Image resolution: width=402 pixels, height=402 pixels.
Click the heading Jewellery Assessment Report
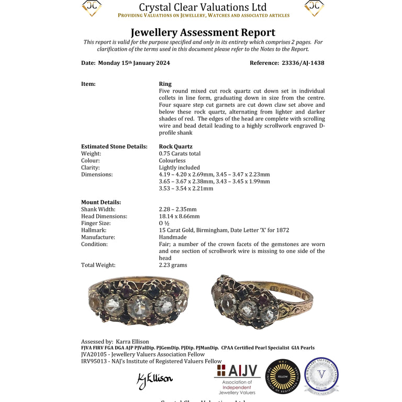pyautogui.click(x=203, y=32)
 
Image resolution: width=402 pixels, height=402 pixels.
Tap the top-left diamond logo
pyautogui.click(x=91, y=7)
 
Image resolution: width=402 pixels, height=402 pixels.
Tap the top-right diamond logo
pyautogui.click(x=314, y=7)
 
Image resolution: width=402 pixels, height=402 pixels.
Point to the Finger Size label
pyautogui.click(x=95, y=223)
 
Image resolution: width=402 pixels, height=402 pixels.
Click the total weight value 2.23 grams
pyautogui.click(x=173, y=265)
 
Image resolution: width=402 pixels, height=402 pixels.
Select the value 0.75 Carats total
pyautogui.click(x=180, y=153)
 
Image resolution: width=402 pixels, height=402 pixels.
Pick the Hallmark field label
pyautogui.click(x=94, y=230)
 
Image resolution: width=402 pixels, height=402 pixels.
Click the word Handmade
pyautogui.click(x=172, y=237)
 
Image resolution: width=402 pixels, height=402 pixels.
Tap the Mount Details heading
pyautogui.click(x=101, y=202)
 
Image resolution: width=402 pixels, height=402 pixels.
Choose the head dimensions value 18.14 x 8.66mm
pyautogui.click(x=179, y=216)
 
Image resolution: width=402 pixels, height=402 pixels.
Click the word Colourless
pyautogui.click(x=172, y=161)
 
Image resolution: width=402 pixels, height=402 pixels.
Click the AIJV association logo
pyautogui.click(x=237, y=378)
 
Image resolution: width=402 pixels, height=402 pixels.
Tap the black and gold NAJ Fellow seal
pyautogui.click(x=283, y=376)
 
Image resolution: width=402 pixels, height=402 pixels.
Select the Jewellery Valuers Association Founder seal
pyautogui.click(x=321, y=375)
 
